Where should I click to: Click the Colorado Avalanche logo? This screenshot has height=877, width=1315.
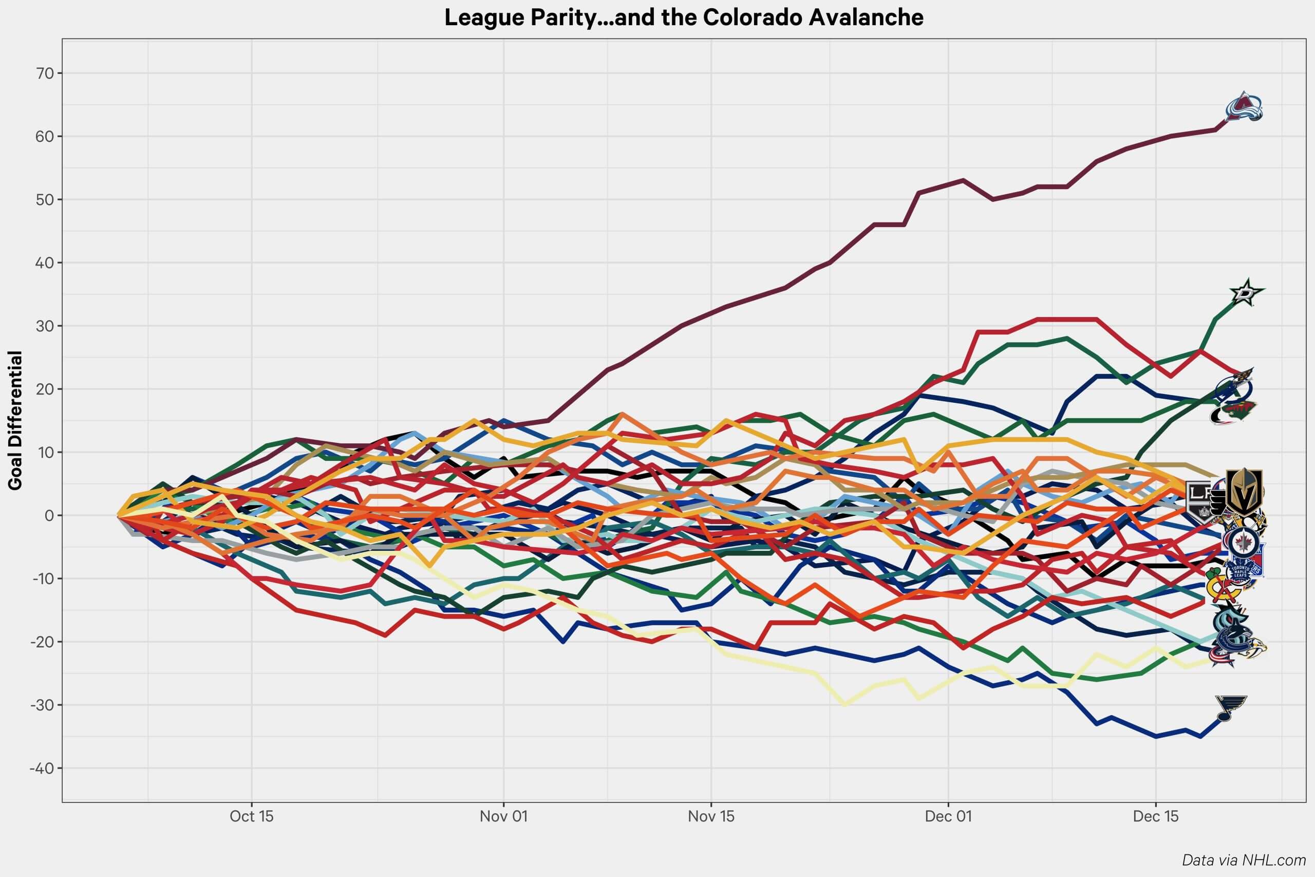pos(1244,107)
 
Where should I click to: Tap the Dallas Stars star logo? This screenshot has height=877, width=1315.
pos(1246,292)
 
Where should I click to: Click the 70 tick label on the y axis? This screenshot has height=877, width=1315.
pos(45,73)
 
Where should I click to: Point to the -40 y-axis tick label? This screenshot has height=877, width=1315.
pos(42,769)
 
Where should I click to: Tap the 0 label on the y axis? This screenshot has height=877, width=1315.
pos(50,516)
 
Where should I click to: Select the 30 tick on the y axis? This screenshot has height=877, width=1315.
pos(45,326)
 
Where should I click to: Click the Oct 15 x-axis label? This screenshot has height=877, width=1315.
pos(252,816)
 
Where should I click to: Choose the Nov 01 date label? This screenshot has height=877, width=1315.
pos(503,816)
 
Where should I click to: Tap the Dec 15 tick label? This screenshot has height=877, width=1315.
pos(1156,816)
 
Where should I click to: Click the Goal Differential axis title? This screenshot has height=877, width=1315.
pos(15,421)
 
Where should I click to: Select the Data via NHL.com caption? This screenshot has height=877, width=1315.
pos(1244,860)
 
